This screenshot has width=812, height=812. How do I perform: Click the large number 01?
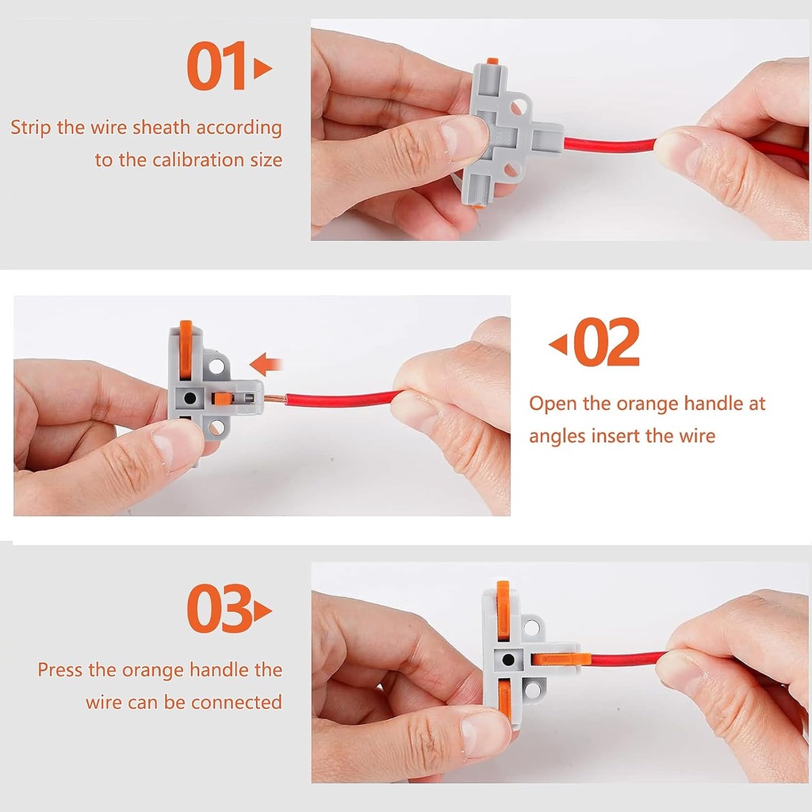(x=216, y=68)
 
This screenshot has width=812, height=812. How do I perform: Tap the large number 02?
(x=607, y=343)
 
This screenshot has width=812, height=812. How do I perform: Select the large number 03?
(x=220, y=610)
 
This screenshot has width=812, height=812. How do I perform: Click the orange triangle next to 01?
(x=262, y=69)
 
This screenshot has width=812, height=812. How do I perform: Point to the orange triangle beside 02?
(x=558, y=344)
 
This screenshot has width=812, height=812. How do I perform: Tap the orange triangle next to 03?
(x=262, y=611)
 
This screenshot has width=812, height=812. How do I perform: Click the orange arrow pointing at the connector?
(x=266, y=365)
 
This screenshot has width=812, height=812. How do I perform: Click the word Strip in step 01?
(x=31, y=128)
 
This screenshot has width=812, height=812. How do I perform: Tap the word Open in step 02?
(x=553, y=404)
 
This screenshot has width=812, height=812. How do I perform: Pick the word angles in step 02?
(x=556, y=435)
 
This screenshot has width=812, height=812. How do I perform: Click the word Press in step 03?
(x=60, y=670)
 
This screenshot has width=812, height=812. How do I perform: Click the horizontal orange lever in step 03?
(x=561, y=658)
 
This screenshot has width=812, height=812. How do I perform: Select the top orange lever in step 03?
(x=503, y=609)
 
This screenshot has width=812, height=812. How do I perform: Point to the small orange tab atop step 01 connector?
(x=492, y=60)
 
